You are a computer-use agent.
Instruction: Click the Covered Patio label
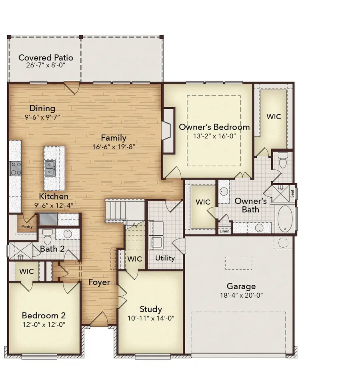pos(46,58)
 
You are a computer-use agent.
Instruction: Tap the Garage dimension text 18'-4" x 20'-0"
pos(241,296)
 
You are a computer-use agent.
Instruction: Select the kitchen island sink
pos(51,168)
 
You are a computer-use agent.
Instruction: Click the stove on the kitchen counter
pos(15,168)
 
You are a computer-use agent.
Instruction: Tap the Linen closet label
pos(224,231)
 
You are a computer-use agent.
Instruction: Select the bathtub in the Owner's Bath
pos(285,219)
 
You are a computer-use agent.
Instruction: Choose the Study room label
pos(151,309)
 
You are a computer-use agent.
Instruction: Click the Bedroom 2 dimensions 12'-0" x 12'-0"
pos(44,324)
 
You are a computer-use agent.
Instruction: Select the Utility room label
pos(165,258)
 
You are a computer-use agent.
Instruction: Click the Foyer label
pos(99,282)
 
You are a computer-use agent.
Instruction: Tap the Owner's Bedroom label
pos(214,127)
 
